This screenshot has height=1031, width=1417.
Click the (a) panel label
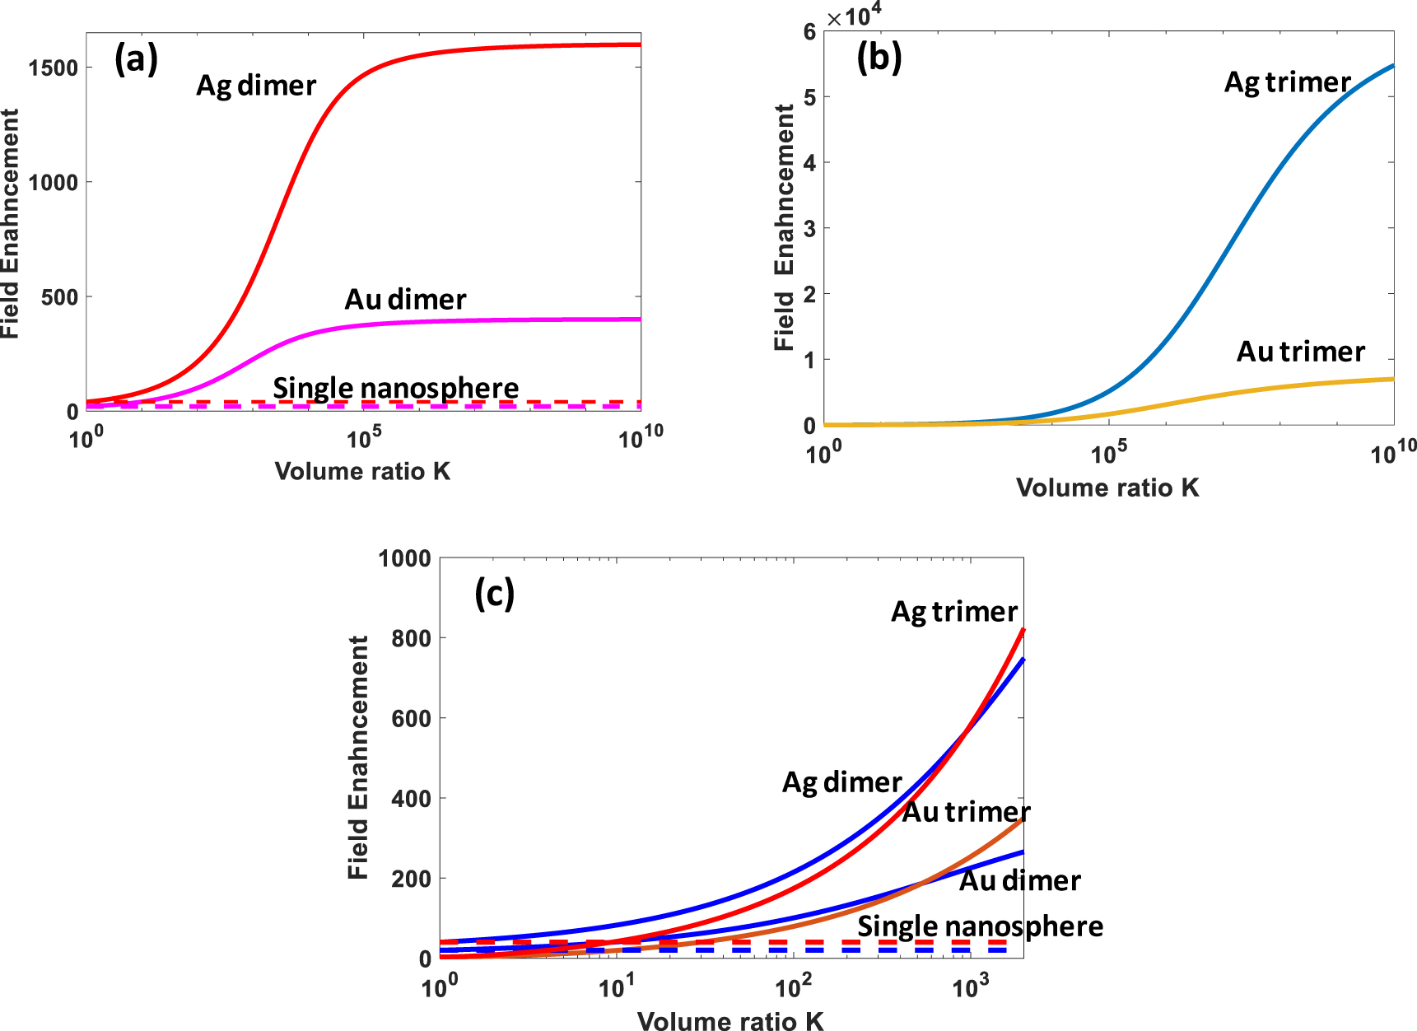coord(136,60)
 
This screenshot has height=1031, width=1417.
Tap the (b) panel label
coord(879,58)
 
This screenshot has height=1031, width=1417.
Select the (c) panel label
coord(494,593)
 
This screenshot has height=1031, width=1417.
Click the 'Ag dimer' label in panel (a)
coord(256,86)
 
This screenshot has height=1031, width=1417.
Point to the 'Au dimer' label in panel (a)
coord(405,299)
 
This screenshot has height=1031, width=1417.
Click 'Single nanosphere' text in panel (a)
coord(396,387)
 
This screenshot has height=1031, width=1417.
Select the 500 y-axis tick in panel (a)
coord(59,297)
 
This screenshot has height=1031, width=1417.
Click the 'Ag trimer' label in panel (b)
coord(1287,82)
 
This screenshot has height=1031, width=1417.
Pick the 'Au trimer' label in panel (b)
coord(1301,352)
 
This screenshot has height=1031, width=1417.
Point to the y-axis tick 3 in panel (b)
coord(809,229)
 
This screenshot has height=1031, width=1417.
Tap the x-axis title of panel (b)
coord(1107,488)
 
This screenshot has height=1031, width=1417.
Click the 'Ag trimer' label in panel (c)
coord(954,612)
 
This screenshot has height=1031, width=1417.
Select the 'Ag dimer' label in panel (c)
coord(841,781)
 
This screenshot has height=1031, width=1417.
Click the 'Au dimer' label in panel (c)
coord(1020,881)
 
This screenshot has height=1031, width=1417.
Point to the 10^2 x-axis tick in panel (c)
coord(793,986)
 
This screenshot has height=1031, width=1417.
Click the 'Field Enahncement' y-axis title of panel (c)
coord(358,757)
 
